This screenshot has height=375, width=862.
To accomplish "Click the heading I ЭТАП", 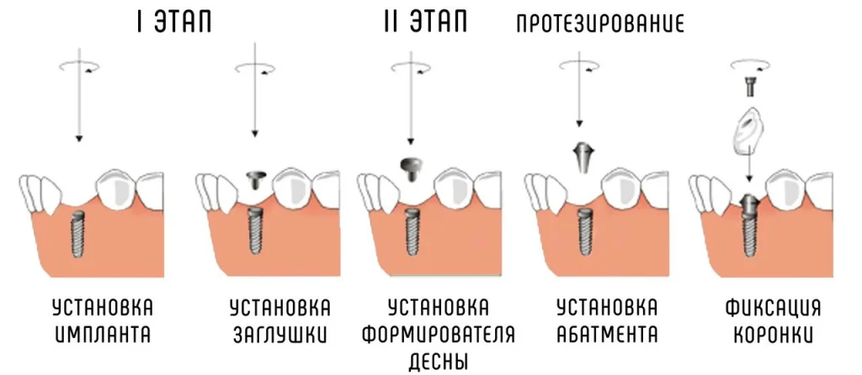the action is [x=173, y=23].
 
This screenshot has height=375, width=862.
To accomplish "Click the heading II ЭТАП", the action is [x=426, y=23].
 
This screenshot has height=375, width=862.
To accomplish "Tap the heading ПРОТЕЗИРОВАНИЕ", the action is [x=600, y=24].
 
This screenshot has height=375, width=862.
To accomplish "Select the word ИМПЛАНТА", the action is [x=103, y=335].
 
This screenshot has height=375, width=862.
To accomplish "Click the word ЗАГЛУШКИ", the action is [x=279, y=335].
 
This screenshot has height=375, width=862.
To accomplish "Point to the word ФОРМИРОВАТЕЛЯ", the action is [x=438, y=335].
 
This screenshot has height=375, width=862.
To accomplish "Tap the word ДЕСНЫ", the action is [x=438, y=362].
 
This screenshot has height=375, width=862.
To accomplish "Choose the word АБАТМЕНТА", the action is [x=607, y=335].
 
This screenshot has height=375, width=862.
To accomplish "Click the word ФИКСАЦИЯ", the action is [x=773, y=308].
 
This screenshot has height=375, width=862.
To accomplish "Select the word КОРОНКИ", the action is [x=773, y=335].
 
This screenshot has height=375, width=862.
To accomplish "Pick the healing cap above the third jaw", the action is [x=410, y=168].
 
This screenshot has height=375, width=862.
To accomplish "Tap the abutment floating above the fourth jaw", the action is [x=581, y=157].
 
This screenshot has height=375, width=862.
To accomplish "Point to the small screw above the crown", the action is [x=748, y=87].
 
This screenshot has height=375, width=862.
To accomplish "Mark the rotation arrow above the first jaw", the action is [x=80, y=66].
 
